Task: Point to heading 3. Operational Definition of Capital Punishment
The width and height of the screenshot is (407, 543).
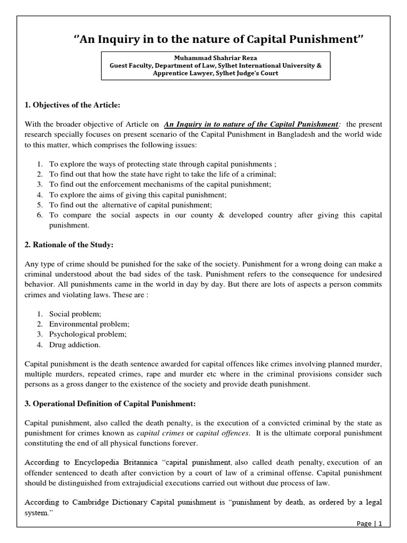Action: click(x=110, y=404)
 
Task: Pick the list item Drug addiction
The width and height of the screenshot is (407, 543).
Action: click(x=75, y=344)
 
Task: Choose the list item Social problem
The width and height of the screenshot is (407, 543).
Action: click(x=75, y=314)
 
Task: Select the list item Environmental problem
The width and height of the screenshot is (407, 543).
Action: click(x=89, y=324)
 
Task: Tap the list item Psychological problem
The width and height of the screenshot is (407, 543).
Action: click(x=88, y=334)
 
